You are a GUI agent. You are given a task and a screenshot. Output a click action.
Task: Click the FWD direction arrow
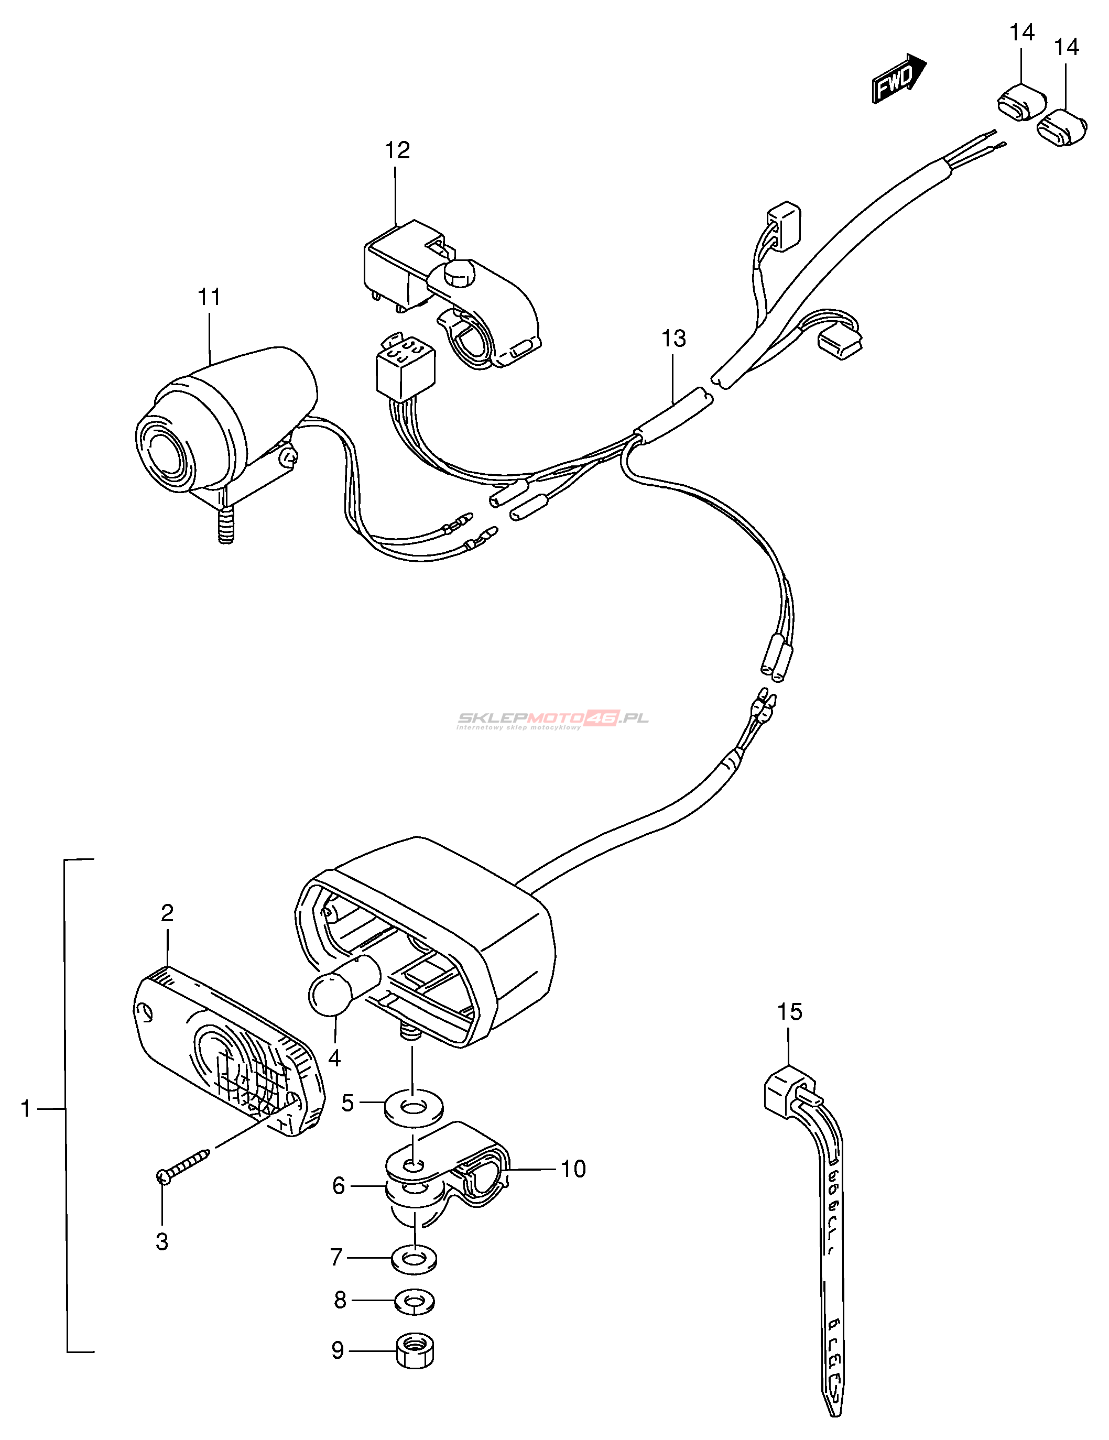click(899, 78)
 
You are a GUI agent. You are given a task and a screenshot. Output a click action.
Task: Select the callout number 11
click(209, 297)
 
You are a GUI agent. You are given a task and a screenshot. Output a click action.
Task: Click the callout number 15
click(789, 1011)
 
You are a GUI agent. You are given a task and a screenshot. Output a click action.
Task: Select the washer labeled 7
click(414, 1260)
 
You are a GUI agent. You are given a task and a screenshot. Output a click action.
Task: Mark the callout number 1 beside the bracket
click(26, 1108)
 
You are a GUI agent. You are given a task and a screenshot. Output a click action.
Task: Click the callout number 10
click(572, 1169)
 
